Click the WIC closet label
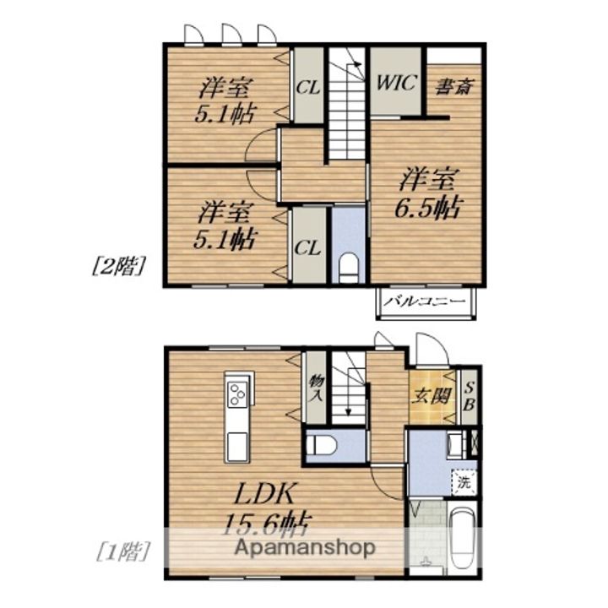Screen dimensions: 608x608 396,82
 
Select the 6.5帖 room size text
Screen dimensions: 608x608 428,208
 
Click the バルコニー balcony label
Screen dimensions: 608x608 426,301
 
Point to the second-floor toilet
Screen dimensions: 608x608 349,269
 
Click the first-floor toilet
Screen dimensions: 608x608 321,444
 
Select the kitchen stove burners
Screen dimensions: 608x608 237,394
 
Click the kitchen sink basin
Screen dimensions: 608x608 237,447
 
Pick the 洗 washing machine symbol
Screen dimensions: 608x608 464,482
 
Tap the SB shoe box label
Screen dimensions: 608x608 470,396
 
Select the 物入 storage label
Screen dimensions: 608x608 316,389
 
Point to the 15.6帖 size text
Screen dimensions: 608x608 266,524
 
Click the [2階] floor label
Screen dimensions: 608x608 119,266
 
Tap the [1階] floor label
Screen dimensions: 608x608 122,551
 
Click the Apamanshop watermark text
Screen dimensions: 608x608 305,548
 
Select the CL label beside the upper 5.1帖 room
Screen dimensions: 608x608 308,88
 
